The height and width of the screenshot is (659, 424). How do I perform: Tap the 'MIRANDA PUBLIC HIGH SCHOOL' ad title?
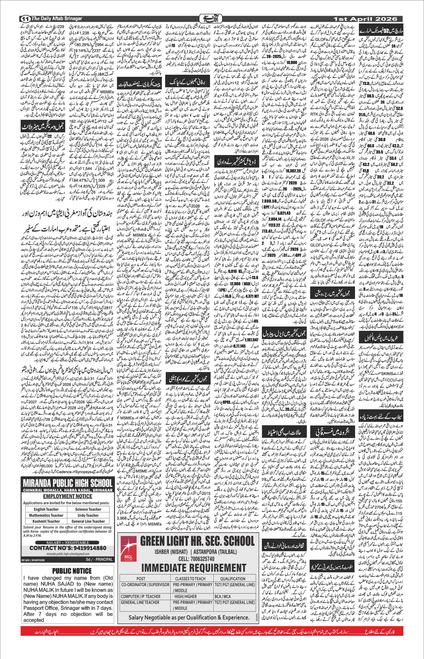point(68,483)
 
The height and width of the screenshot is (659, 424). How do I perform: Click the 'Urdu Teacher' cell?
point(88,515)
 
